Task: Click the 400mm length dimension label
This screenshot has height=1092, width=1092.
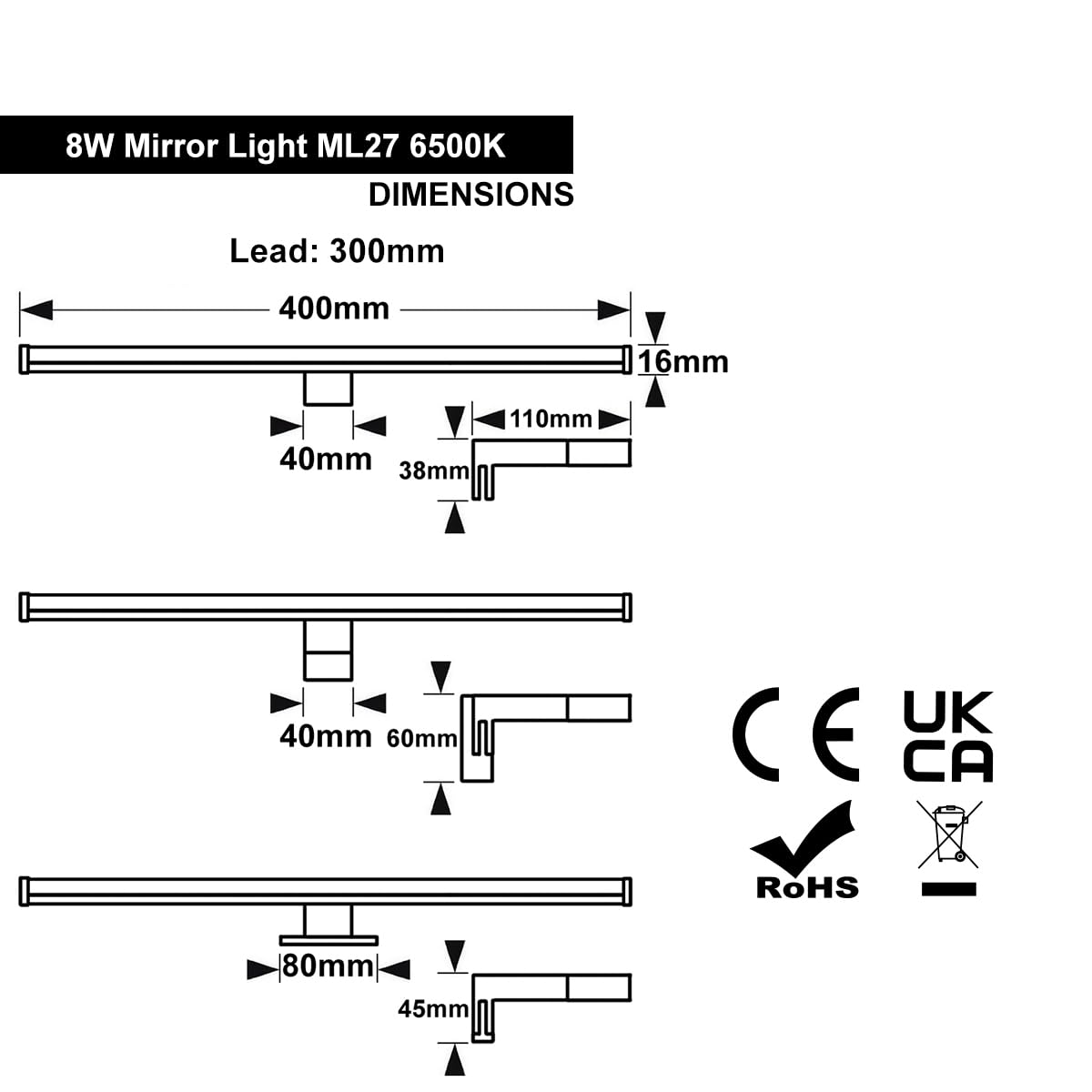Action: point(334,309)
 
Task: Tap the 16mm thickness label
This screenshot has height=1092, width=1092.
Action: point(682,362)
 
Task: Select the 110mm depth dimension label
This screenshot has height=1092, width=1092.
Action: point(551,420)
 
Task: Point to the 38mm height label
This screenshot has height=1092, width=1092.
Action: point(434,470)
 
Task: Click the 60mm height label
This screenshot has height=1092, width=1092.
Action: point(421,739)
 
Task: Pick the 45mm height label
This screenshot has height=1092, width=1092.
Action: point(433,1009)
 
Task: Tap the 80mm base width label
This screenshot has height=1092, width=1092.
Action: point(329,966)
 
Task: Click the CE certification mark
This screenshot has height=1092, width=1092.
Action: point(795,734)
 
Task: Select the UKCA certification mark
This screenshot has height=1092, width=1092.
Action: point(948,736)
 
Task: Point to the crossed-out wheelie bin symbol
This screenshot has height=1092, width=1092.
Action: point(948,834)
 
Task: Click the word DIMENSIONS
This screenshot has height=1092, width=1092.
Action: point(470,195)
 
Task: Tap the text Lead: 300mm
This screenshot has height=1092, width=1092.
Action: point(337,251)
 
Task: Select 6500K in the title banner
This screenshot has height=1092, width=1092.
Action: point(457,147)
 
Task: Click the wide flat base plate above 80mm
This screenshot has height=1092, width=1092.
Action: point(329,941)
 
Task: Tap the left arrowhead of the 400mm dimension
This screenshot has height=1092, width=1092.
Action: point(36,310)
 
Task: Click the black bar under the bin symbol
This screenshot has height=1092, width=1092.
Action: point(948,889)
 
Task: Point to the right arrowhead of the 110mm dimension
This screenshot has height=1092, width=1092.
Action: point(614,420)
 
